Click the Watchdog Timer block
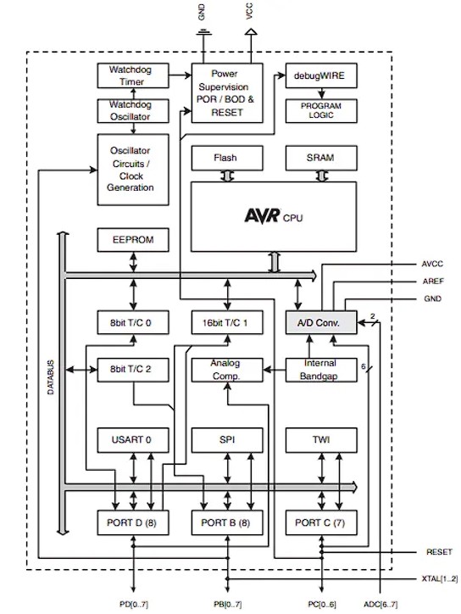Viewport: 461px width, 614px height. pyautogui.click(x=131, y=76)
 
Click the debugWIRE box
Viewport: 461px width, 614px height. pyautogui.click(x=320, y=76)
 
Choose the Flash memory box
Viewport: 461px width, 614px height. pyautogui.click(x=225, y=158)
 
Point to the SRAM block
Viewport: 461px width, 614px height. pyautogui.click(x=320, y=158)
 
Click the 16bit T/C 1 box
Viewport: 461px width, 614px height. pyautogui.click(x=225, y=322)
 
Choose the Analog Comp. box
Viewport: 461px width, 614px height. pyautogui.click(x=225, y=370)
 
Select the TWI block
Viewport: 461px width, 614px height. pyautogui.click(x=320, y=441)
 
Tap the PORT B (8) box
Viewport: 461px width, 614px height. pyautogui.click(x=225, y=522)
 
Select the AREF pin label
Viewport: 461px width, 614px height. pyautogui.click(x=432, y=281)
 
